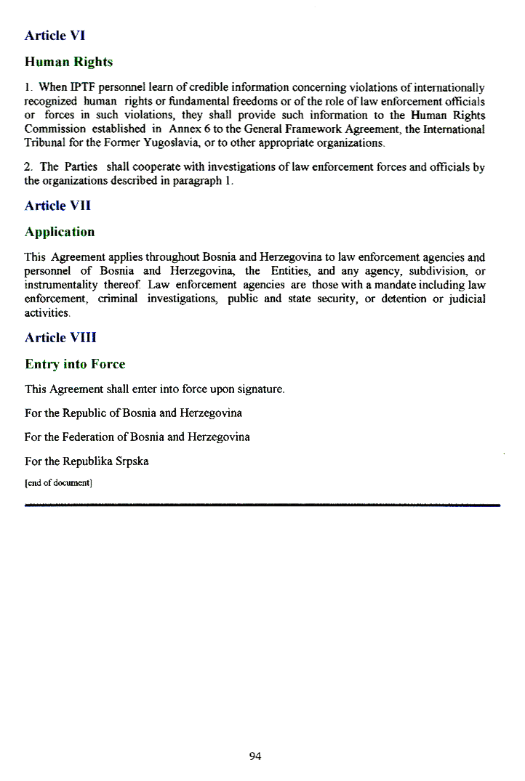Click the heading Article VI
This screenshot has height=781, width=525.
pos(55,35)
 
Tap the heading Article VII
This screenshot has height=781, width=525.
pos(58,206)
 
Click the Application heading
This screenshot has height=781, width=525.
pos(60,232)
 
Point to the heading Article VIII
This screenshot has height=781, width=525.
pos(60,338)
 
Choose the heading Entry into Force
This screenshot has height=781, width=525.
pos(75,364)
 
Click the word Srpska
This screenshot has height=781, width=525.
pos(131,461)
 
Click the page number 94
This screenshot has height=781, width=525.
pos(255,756)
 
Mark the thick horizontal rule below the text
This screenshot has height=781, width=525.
pos(262,504)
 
